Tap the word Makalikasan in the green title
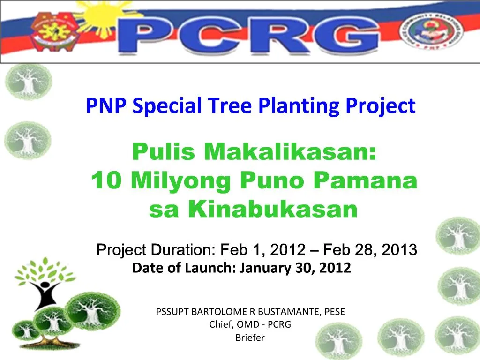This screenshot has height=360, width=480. pos(290,151)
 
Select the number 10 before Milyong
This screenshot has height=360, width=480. pos(106,180)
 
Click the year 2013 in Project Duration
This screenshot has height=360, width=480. pos(399,250)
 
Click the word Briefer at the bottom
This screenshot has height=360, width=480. pos(250,337)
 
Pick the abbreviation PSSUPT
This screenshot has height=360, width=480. pos(172,312)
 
